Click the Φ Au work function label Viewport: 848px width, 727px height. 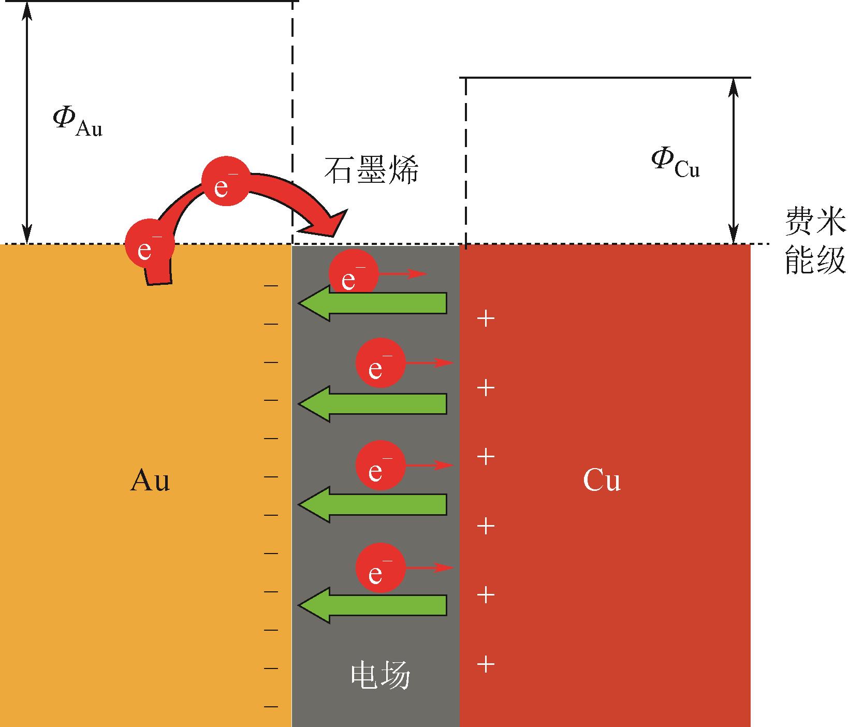tap(77, 122)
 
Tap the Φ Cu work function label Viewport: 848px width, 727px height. tap(676, 164)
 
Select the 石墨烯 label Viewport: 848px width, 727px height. tap(371, 170)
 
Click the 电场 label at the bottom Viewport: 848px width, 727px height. tap(381, 676)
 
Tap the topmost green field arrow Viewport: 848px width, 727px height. tap(372, 303)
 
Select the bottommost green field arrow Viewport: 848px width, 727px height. tap(372, 605)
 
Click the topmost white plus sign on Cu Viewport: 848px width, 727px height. tap(485, 318)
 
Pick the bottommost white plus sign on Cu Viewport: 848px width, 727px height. tap(485, 664)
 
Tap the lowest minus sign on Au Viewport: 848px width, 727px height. tap(271, 706)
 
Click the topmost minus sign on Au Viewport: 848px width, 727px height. tap(271, 285)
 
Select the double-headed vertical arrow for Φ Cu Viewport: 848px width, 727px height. tap(733, 161)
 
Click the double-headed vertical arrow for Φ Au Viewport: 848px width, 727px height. tap(28, 122)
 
